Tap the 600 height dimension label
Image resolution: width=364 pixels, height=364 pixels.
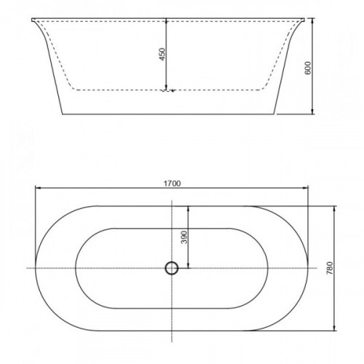pos(308,68)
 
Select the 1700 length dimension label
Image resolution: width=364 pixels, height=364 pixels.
pos(172,183)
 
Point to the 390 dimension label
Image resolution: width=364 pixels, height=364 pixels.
pos(184,237)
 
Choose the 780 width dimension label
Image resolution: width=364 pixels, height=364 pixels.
pos(330,268)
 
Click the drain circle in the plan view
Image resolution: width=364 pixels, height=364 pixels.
pos(172,268)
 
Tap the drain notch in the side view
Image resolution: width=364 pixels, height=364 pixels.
pos(168,91)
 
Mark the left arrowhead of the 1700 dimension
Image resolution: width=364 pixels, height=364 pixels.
pos(39,187)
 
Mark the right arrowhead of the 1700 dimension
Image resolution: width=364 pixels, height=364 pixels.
pos(305,187)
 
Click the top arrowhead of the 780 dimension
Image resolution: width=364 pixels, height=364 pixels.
pos(335,209)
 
